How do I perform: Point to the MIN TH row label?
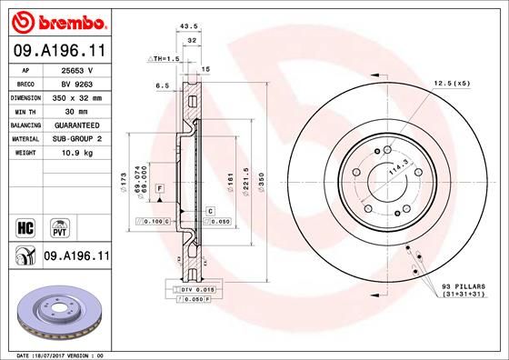25,110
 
